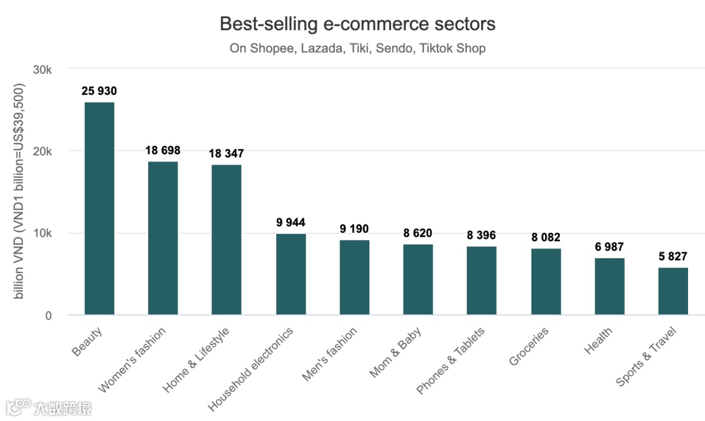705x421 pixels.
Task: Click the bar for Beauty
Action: click(x=99, y=209)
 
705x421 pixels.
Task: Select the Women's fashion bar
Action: click(x=163, y=239)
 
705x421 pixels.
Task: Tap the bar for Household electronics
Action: click(x=290, y=275)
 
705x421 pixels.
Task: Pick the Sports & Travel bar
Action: click(x=673, y=292)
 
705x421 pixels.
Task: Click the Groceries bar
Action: click(x=546, y=282)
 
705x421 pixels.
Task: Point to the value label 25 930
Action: click(x=99, y=91)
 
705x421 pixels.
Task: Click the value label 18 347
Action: click(x=226, y=154)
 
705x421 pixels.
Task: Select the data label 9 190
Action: click(x=354, y=229)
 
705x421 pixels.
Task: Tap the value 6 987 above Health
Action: click(x=609, y=247)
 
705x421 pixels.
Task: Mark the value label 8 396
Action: click(x=482, y=235)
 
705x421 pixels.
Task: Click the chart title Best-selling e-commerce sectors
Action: click(x=357, y=24)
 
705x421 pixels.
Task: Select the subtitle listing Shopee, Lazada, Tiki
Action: click(x=357, y=48)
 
